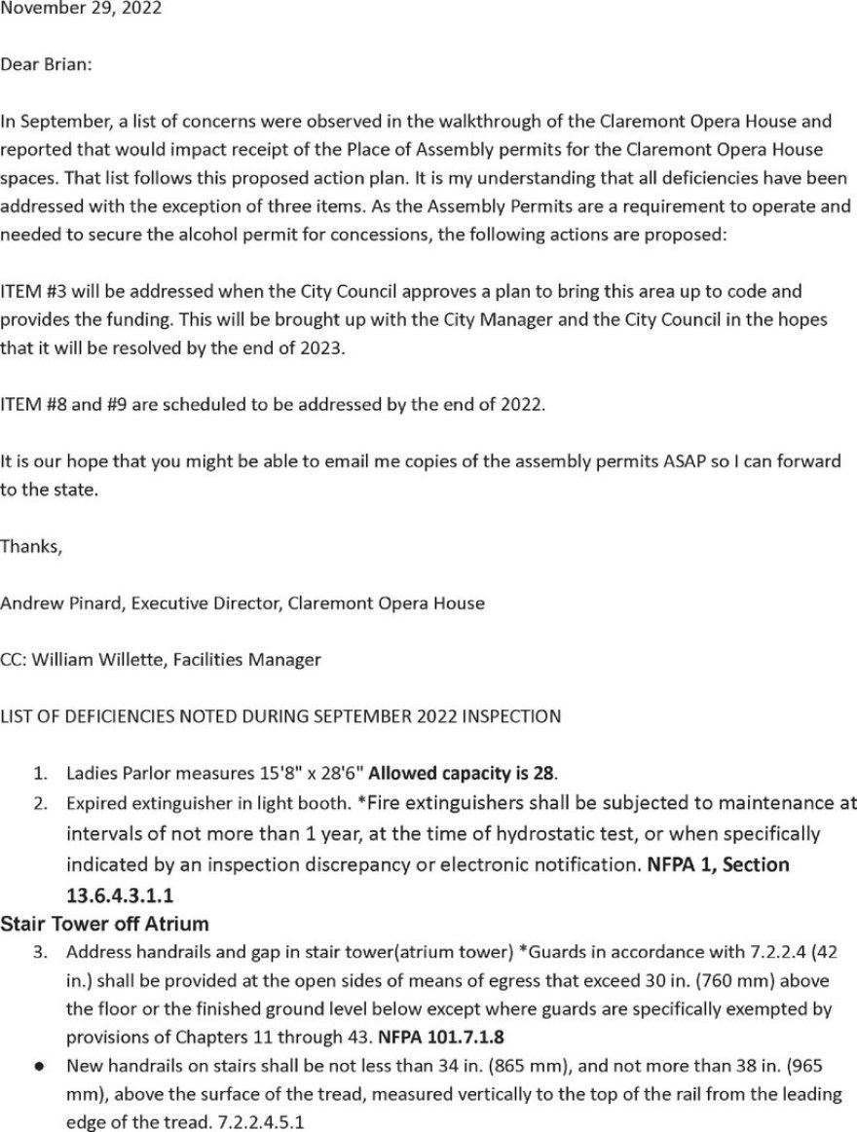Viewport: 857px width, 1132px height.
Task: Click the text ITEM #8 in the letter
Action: tap(33, 404)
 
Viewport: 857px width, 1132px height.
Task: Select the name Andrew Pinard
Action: tap(61, 603)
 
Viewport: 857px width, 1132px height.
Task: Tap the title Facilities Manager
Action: tap(247, 659)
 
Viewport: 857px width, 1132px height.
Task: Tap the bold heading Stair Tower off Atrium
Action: tap(104, 923)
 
